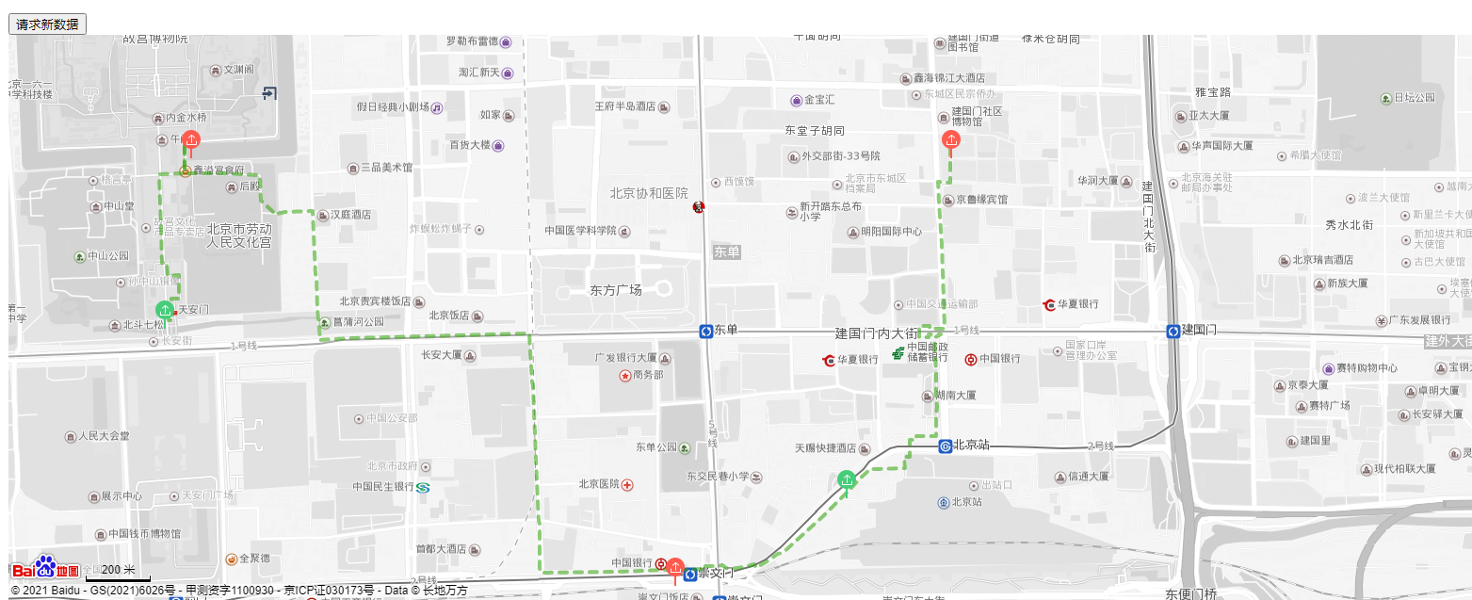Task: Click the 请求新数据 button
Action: (47, 24)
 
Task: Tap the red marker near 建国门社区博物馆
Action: (951, 141)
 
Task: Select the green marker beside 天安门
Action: (166, 309)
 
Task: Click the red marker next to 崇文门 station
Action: (675, 567)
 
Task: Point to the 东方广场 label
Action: (615, 290)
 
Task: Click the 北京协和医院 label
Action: (649, 193)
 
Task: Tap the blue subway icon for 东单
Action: (705, 331)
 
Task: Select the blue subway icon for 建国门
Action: (1173, 331)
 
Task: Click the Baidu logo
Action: (45, 567)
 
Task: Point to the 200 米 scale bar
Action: (118, 570)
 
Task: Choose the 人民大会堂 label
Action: (104, 436)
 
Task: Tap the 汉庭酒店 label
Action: (350, 215)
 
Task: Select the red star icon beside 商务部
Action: (624, 376)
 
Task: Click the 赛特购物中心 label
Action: (1367, 368)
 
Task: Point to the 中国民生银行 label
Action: (383, 487)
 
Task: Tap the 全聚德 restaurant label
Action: (254, 558)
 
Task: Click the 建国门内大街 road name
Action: (876, 333)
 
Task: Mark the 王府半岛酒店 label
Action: (624, 106)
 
